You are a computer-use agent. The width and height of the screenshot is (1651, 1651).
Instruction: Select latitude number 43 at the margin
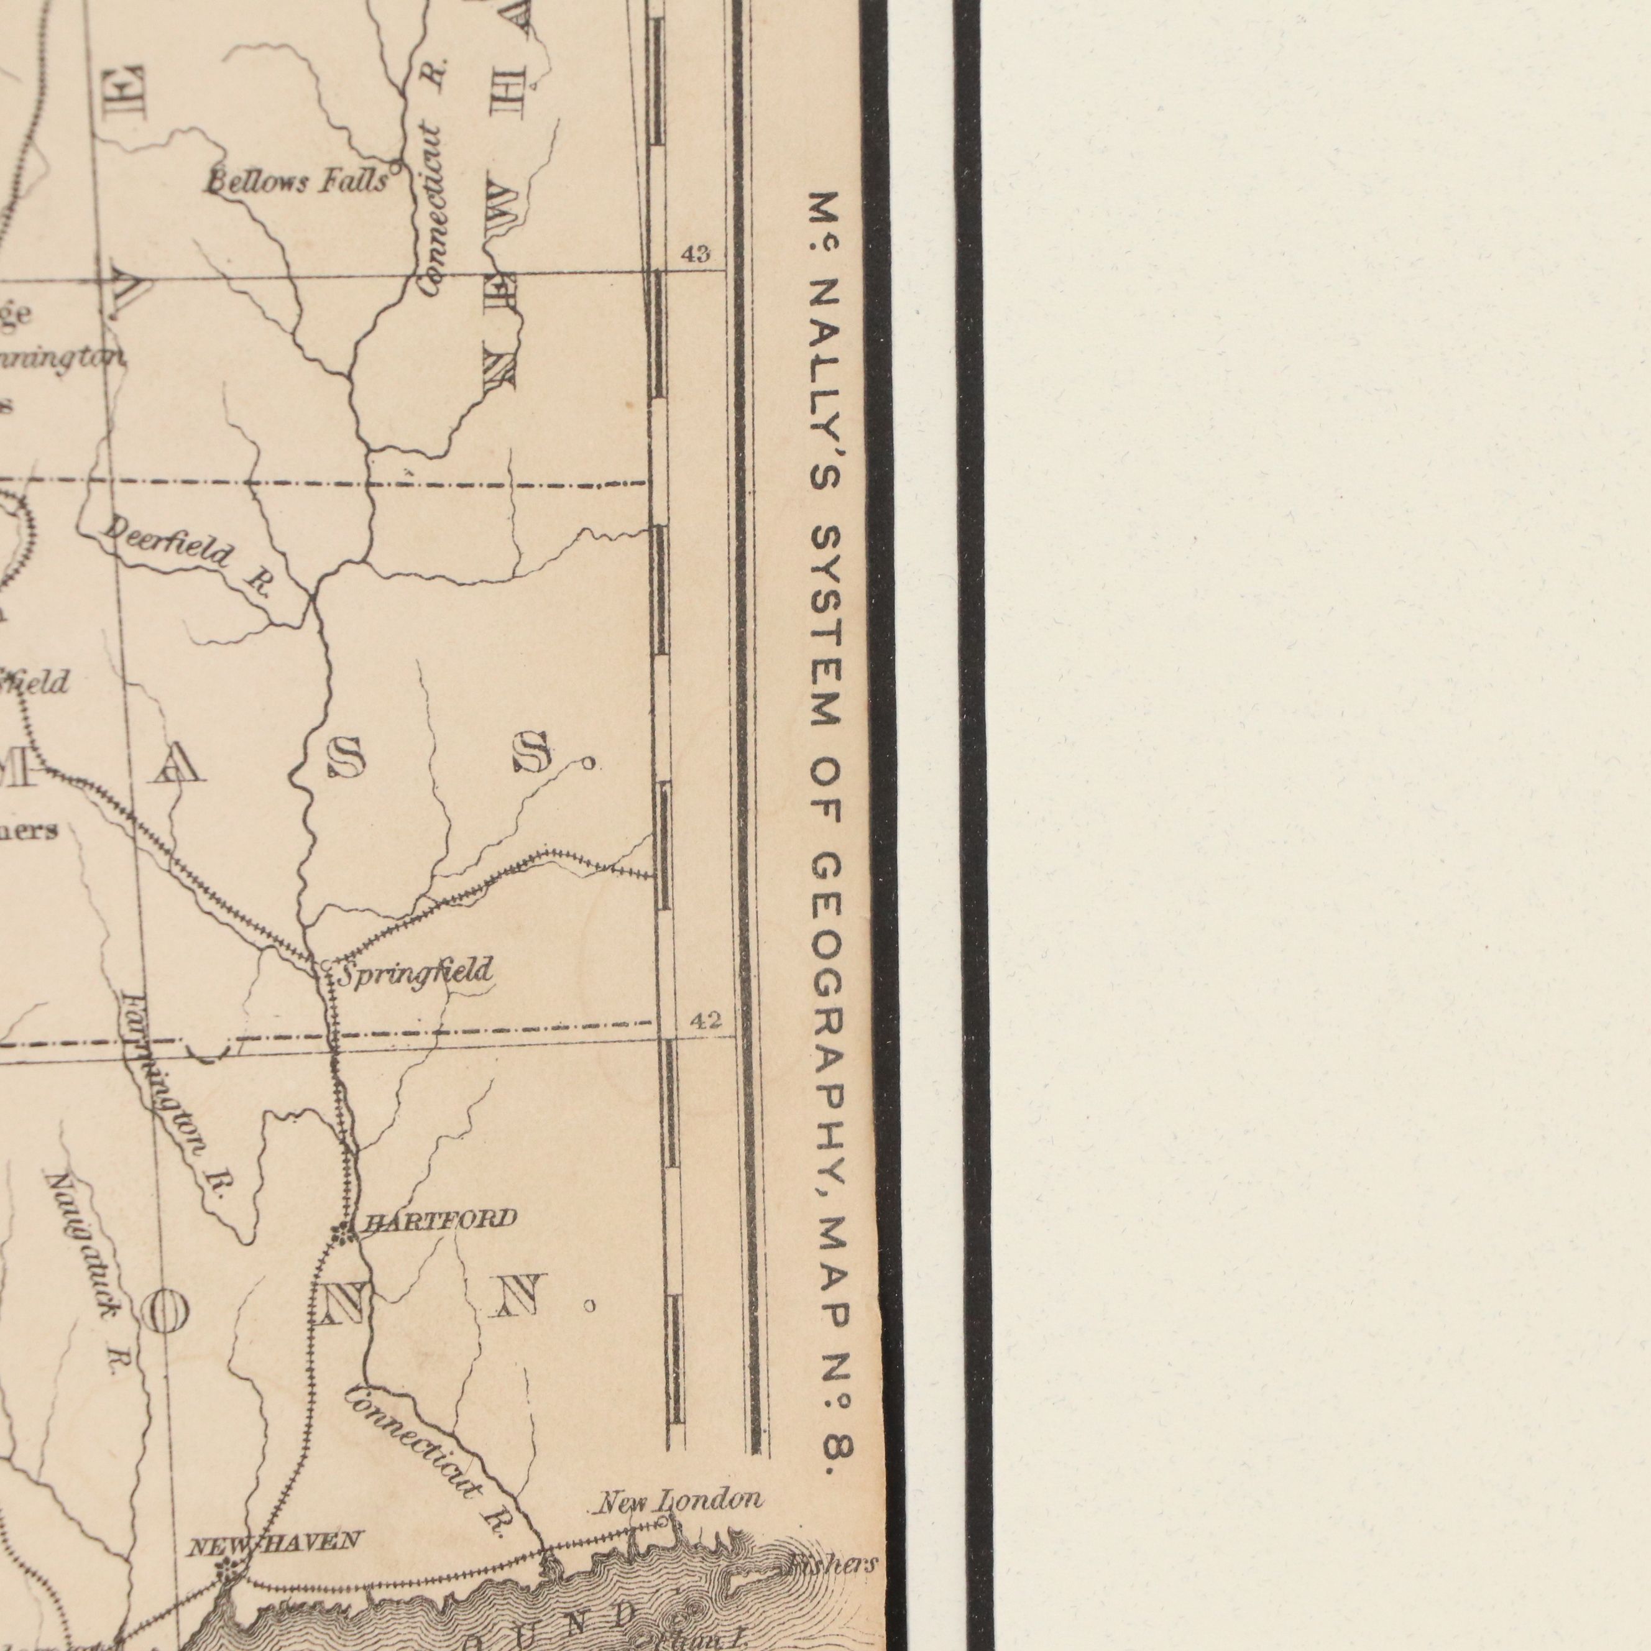tap(695, 254)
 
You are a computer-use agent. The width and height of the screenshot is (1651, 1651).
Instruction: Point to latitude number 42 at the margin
tap(706, 1019)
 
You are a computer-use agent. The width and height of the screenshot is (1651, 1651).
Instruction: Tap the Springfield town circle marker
tap(326, 965)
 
